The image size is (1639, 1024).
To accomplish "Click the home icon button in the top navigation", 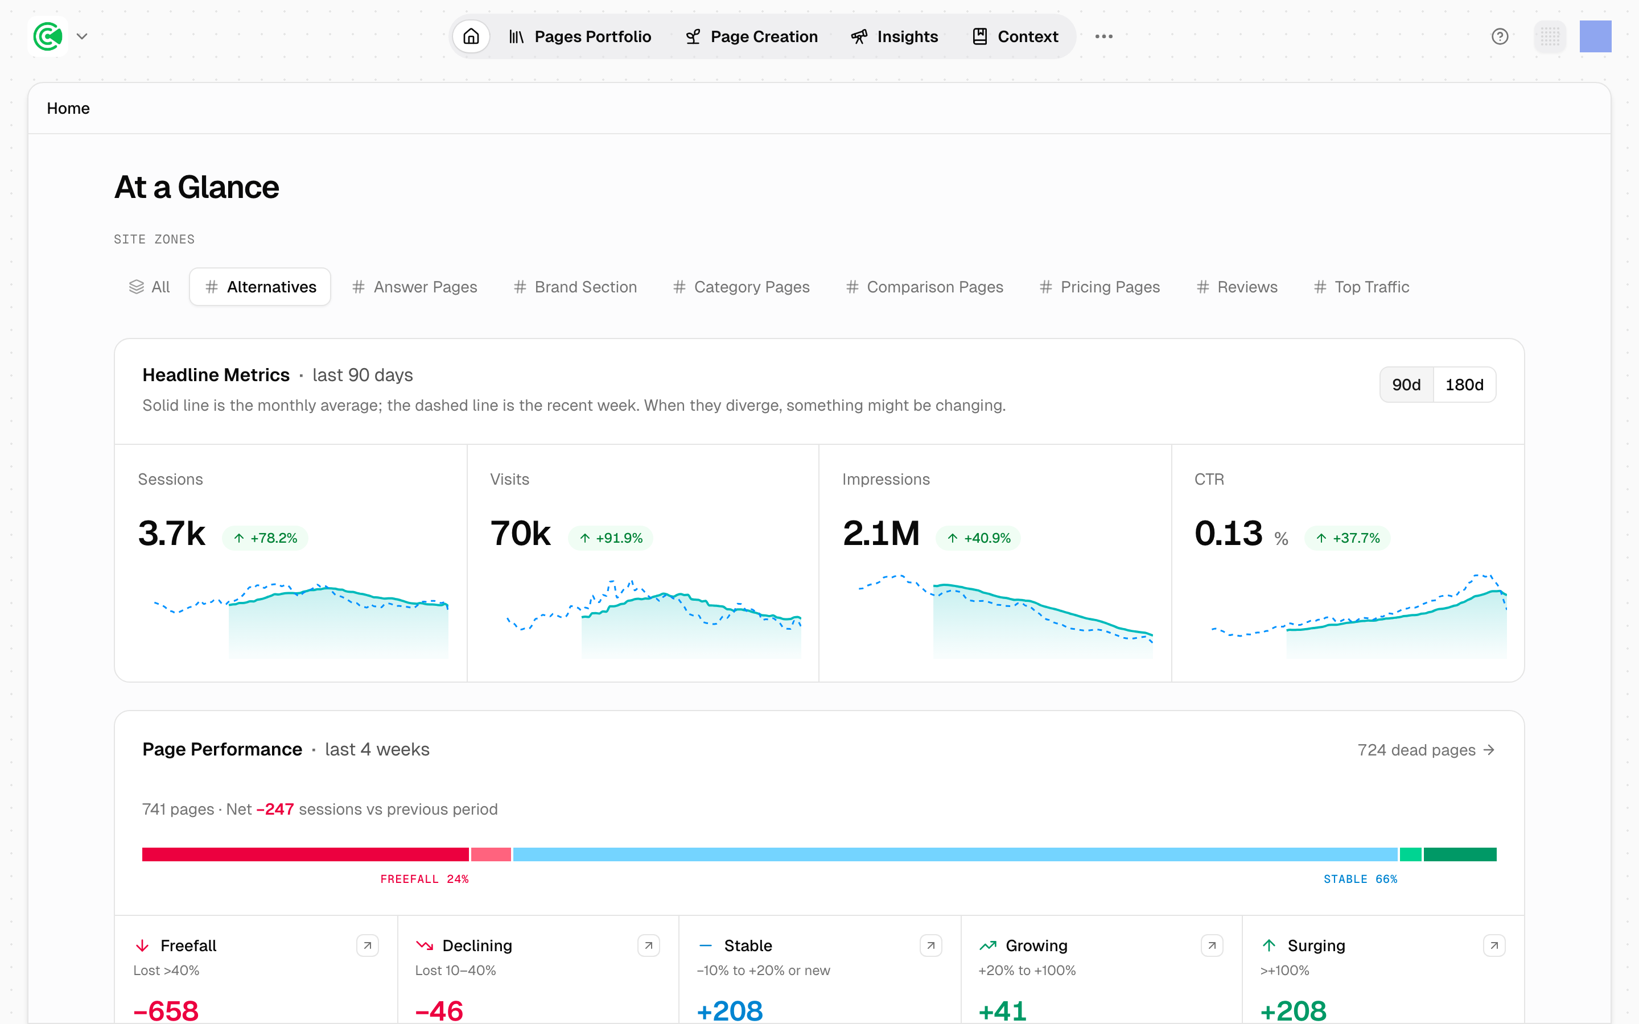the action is coord(471,36).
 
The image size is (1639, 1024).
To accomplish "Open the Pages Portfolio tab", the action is coord(580,36).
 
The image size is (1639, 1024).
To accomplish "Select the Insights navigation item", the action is coord(894,36).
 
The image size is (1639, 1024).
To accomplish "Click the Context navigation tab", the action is coord(1015,36).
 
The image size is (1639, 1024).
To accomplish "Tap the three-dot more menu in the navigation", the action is coord(1103,36).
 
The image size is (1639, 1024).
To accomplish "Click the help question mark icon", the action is coord(1500,36).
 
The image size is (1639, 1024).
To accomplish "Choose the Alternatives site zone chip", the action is coord(260,287).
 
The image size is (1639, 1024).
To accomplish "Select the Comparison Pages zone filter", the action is coord(924,287).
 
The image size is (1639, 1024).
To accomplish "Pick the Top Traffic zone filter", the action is coord(1361,287).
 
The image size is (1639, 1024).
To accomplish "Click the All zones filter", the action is coord(150,287).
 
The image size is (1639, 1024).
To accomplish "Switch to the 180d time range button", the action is coord(1464,385).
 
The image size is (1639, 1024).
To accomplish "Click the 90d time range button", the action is coord(1406,385).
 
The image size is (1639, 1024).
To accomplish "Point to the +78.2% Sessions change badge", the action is coord(266,538).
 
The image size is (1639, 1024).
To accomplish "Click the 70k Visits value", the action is coord(520,533).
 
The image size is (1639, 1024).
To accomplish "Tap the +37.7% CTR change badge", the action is coord(1348,538).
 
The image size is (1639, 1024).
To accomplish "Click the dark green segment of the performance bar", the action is coord(1460,854).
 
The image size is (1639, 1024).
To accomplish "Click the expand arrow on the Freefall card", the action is coord(367,945).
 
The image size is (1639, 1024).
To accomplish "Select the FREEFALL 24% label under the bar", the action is coord(425,879).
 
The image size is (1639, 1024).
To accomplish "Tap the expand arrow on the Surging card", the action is coord(1494,945).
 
